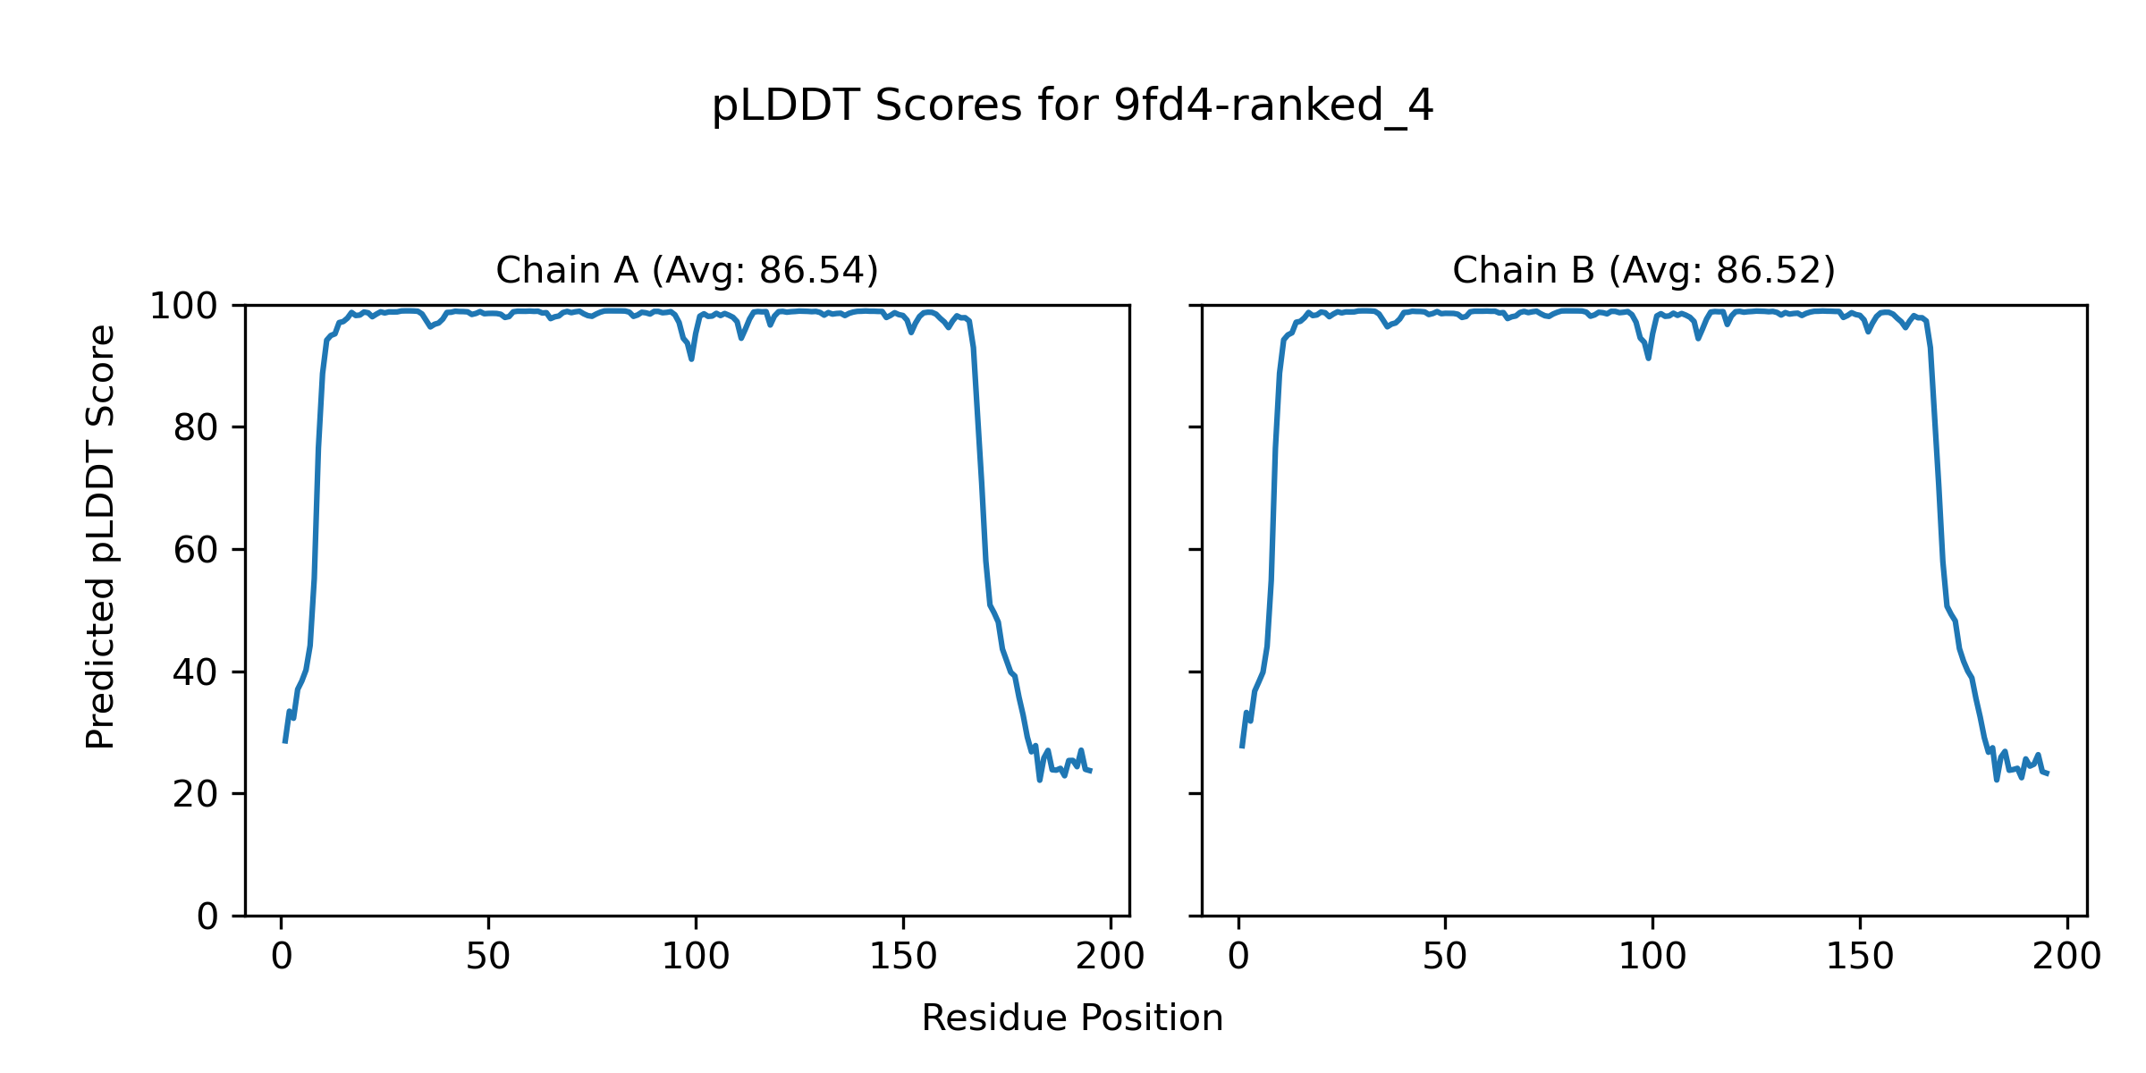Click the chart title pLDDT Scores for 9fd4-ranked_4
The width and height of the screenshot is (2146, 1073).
(1072, 106)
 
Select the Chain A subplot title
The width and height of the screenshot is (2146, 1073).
(687, 271)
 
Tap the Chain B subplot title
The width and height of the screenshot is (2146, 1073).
(1643, 271)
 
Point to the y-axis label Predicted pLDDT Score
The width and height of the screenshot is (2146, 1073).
(101, 536)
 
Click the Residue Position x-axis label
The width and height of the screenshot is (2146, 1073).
(1072, 1018)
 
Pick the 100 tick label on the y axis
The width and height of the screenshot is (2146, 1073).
(183, 307)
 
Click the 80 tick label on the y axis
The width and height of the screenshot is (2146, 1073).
(196, 428)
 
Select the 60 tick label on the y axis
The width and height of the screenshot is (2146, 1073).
(196, 551)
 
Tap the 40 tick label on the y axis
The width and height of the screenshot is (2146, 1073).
(196, 672)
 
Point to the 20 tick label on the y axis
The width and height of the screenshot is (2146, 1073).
(196, 794)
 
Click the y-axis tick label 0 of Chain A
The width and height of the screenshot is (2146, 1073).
(207, 917)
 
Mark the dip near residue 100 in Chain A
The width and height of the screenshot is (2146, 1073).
(691, 359)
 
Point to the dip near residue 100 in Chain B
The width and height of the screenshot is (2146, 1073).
(1648, 358)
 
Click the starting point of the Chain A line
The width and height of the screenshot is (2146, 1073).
(285, 741)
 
